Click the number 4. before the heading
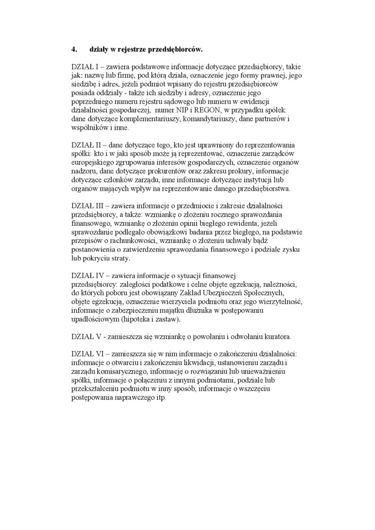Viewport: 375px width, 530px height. (75, 49)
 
